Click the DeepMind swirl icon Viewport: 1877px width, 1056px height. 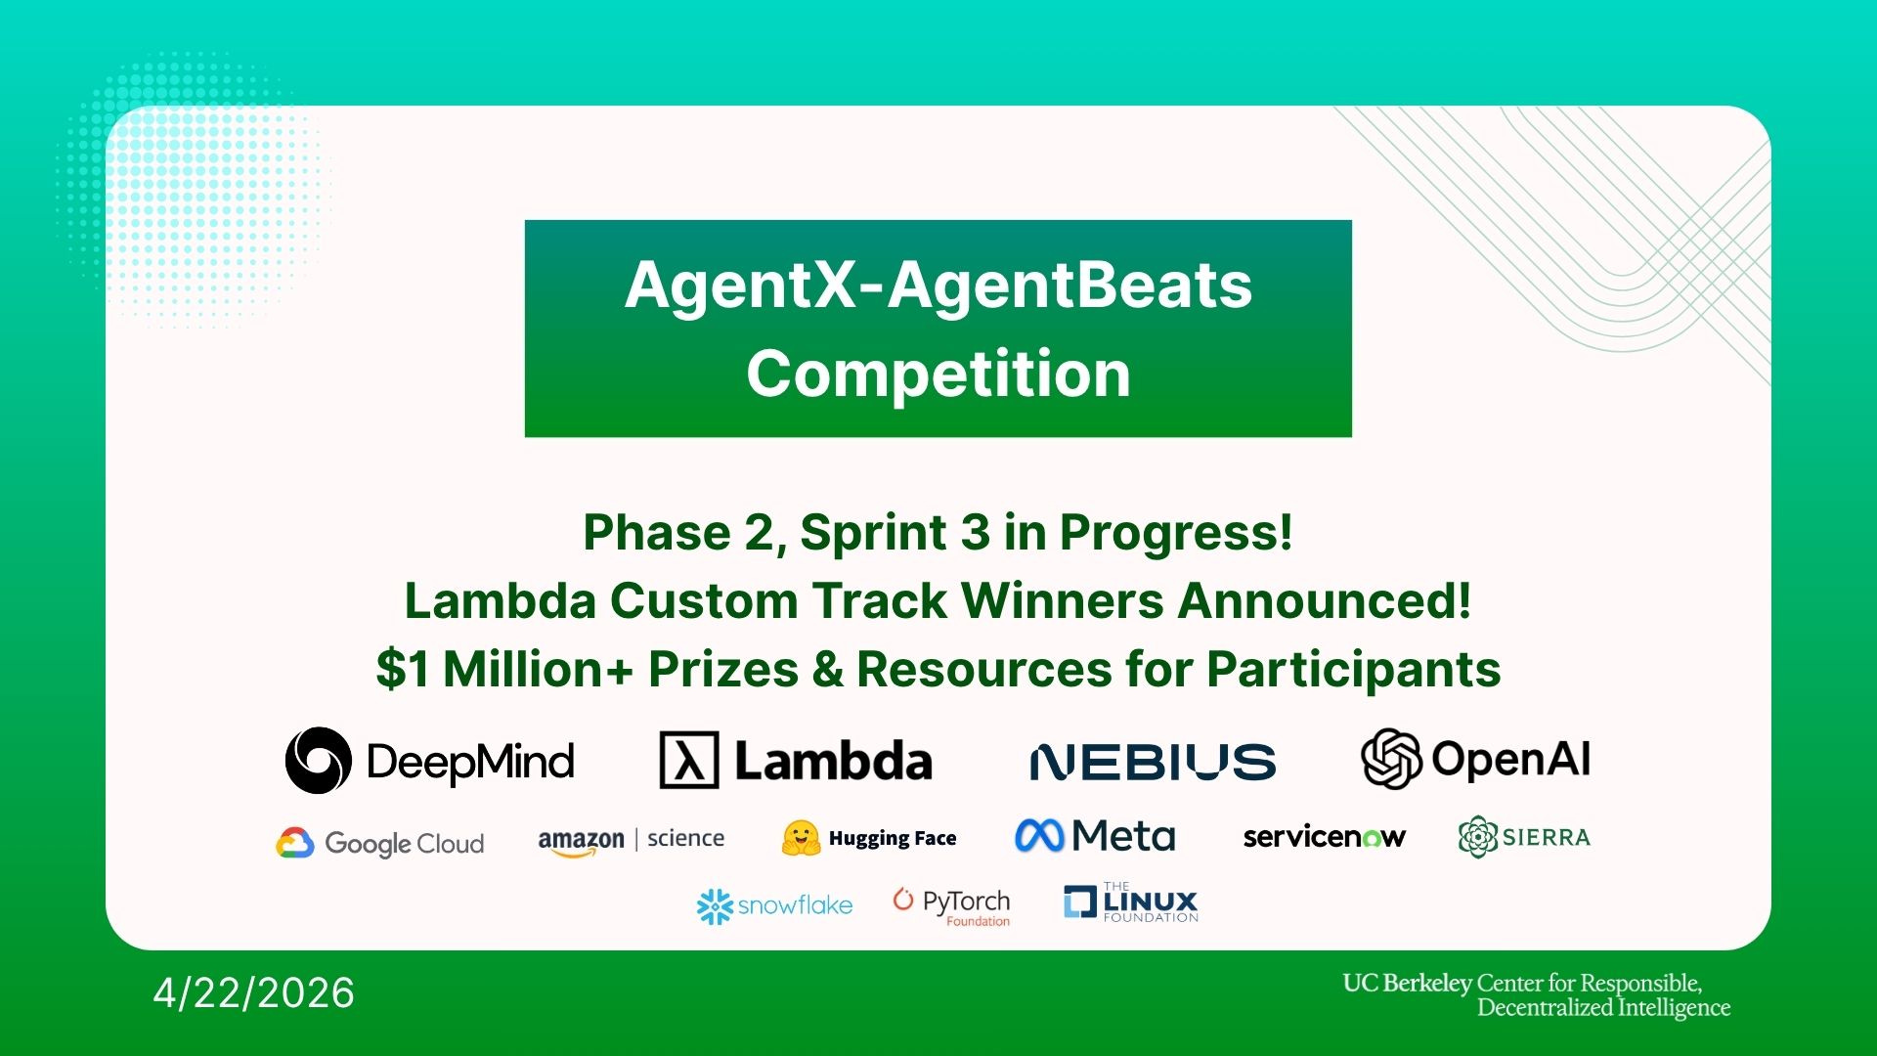pos(318,761)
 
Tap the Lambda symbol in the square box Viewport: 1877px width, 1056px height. pos(689,761)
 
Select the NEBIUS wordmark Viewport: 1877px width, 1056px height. pos(1153,763)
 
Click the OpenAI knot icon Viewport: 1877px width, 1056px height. pos(1391,758)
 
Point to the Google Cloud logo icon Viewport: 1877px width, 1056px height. pos(294,843)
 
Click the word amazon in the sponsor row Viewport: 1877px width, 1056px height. pos(581,841)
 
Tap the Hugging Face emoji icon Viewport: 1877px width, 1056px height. pos(801,838)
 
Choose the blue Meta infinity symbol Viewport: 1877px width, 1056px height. pos(1039,836)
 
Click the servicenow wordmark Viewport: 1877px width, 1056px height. pos(1324,837)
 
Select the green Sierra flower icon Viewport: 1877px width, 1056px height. pos(1477,837)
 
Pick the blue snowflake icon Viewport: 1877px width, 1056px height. pos(715,906)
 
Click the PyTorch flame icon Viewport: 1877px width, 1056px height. pos(903,899)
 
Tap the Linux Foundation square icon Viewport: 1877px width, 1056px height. pos(1080,902)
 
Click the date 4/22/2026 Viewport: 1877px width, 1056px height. pos(254,993)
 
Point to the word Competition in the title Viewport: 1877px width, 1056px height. pos(938,374)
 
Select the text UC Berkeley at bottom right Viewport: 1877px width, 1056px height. pos(1407,984)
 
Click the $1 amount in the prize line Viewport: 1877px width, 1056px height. pos(403,670)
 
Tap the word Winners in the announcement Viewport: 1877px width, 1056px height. pos(1063,600)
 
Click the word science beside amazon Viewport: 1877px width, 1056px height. pos(685,839)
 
